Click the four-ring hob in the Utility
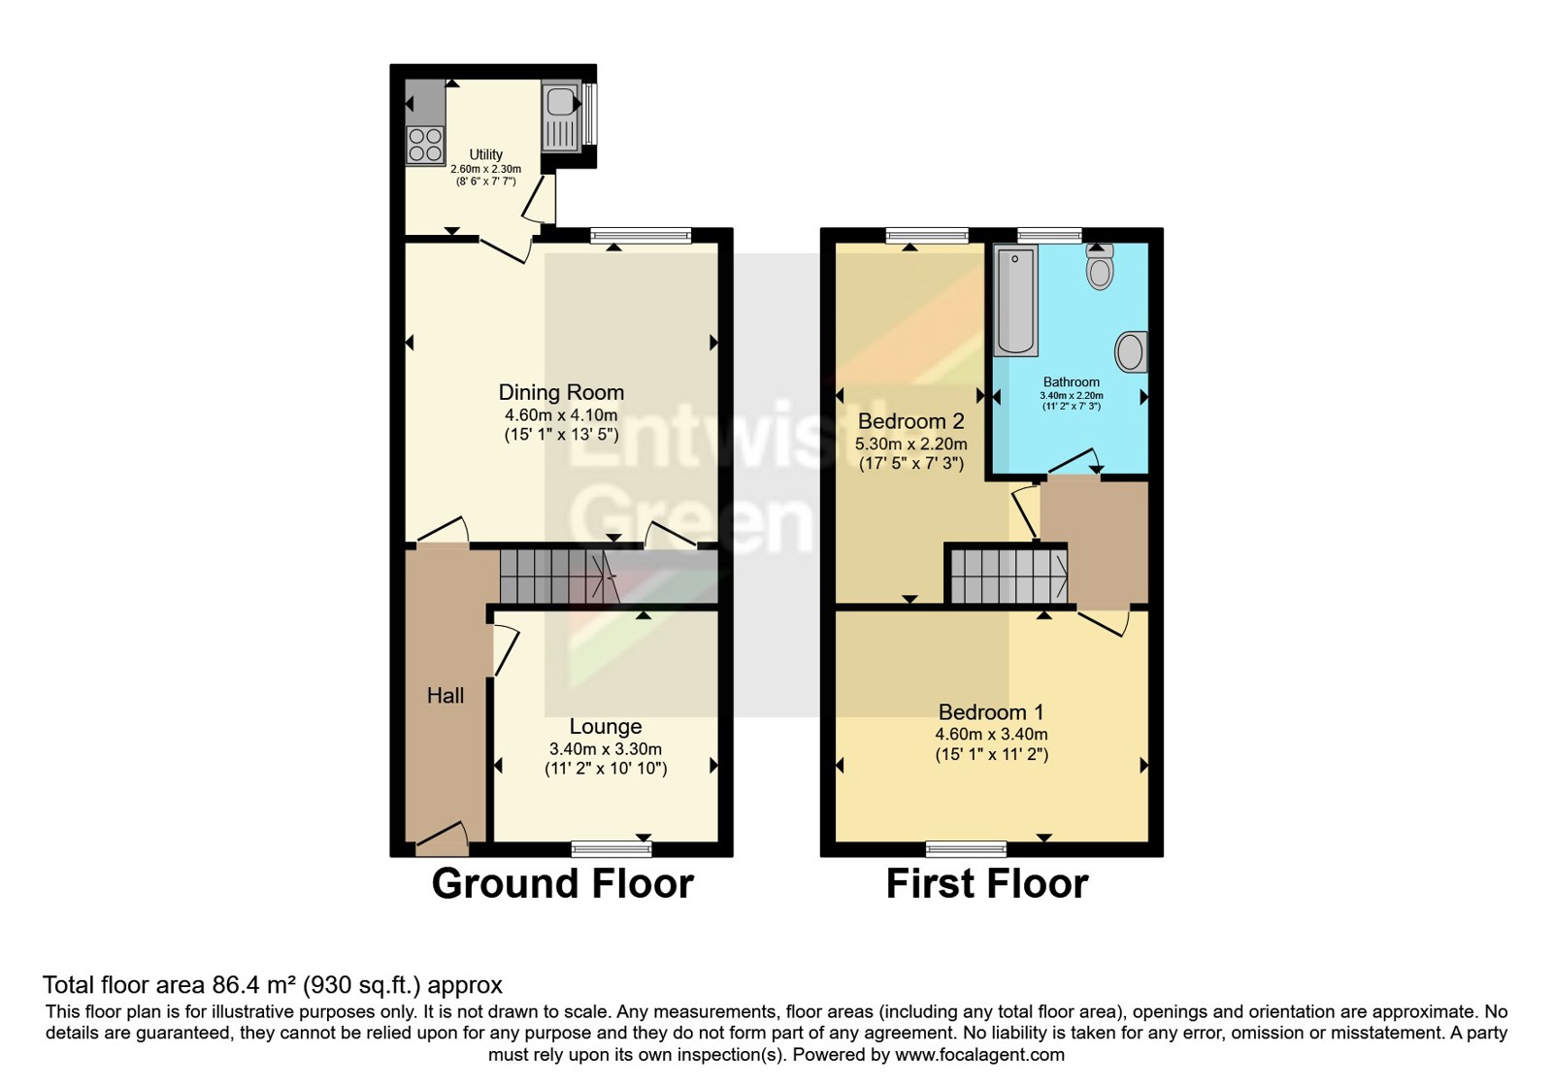click(424, 146)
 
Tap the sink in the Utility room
click(561, 115)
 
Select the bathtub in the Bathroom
click(1015, 300)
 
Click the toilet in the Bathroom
click(1100, 269)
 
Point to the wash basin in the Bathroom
click(1131, 351)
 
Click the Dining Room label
click(561, 392)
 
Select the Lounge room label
click(605, 726)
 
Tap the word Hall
click(446, 695)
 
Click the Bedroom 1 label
click(991, 711)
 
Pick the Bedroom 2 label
click(910, 421)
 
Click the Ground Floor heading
click(562, 884)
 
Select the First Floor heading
click(987, 884)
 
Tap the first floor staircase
click(1008, 576)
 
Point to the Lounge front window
click(611, 849)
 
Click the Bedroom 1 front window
click(966, 849)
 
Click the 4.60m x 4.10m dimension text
click(561, 415)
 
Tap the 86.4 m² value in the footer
click(253, 985)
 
